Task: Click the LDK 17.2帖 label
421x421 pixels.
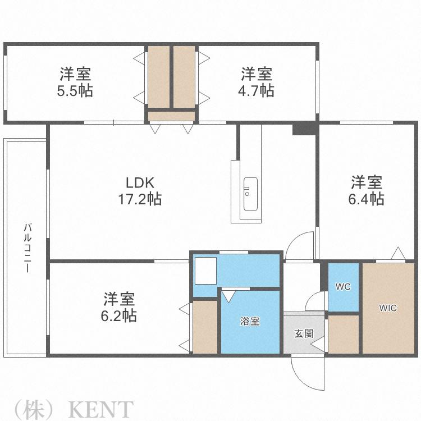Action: (x=140, y=191)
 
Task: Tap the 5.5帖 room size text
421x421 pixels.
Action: (x=75, y=91)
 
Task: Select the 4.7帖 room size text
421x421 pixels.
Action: (x=256, y=91)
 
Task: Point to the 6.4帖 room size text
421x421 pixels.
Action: (x=366, y=199)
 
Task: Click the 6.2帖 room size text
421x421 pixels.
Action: (x=118, y=315)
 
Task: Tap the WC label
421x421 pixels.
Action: (x=343, y=287)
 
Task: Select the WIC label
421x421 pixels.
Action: (x=388, y=308)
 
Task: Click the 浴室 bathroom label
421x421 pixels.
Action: (x=250, y=321)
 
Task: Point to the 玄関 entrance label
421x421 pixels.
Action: (x=304, y=334)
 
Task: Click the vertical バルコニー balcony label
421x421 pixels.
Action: (x=28, y=248)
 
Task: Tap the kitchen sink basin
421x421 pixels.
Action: (x=250, y=194)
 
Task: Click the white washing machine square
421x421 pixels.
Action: (x=205, y=271)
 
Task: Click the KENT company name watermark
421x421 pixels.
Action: (x=101, y=409)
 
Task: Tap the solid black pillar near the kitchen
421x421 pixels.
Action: (x=304, y=130)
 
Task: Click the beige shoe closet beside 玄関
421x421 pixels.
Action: (x=344, y=335)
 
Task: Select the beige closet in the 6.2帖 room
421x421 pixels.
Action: (x=205, y=327)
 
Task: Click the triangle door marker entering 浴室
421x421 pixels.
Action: (x=228, y=296)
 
